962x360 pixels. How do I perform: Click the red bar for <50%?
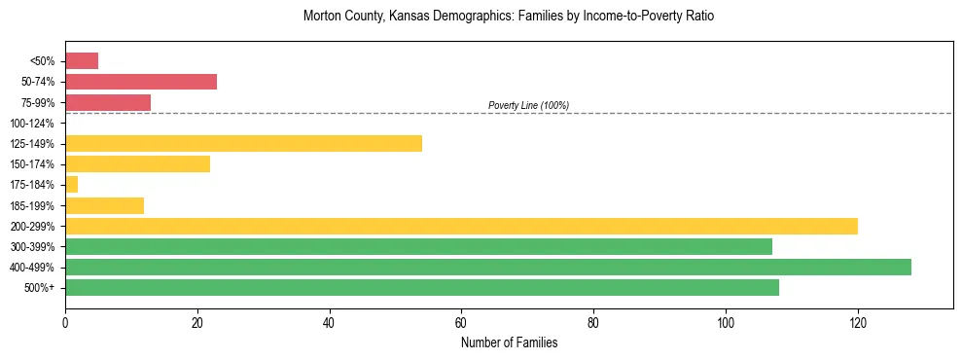click(x=82, y=61)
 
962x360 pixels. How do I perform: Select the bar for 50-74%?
click(x=141, y=82)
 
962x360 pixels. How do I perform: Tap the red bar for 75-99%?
click(x=108, y=102)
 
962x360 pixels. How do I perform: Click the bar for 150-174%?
click(x=137, y=164)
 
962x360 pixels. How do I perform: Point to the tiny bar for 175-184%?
click(x=71, y=185)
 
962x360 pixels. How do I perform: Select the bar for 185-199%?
click(x=104, y=205)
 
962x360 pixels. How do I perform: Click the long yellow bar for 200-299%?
click(x=461, y=226)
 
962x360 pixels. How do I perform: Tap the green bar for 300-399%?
click(x=418, y=246)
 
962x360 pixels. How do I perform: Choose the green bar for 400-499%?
click(x=488, y=267)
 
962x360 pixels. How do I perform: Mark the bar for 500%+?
click(x=422, y=287)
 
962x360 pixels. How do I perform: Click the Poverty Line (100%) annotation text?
click(x=528, y=105)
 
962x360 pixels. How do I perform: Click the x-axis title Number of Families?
click(x=509, y=342)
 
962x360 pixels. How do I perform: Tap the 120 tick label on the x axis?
click(x=857, y=322)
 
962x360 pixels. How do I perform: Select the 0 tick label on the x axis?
click(x=65, y=322)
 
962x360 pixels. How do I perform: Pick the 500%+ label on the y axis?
click(x=40, y=288)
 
